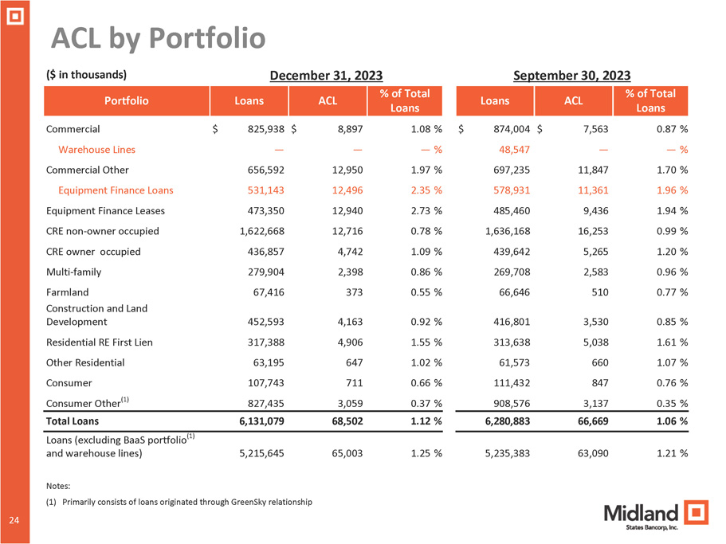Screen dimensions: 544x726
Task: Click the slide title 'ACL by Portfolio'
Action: point(158,37)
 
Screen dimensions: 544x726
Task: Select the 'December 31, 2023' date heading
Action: point(327,76)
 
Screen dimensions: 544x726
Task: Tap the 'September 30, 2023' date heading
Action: point(571,76)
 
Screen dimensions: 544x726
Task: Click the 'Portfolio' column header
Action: point(127,101)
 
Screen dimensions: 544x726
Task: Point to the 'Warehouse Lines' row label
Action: point(96,149)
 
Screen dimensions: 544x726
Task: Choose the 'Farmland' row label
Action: point(68,292)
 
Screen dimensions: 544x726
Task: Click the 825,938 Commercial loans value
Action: point(257,128)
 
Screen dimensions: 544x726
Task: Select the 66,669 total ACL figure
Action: point(588,420)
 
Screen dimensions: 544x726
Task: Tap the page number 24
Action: point(14,520)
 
